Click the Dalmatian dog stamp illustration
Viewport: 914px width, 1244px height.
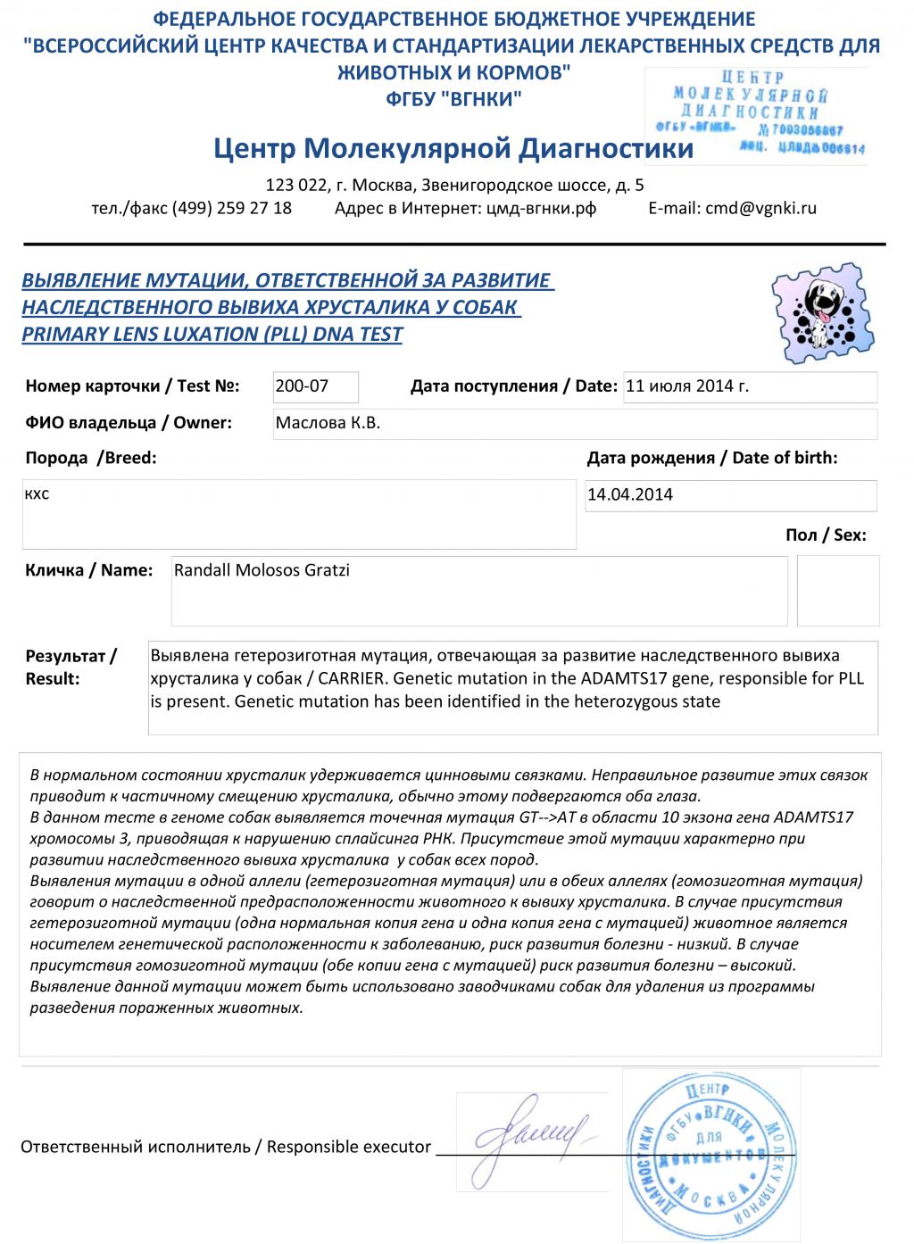pos(823,313)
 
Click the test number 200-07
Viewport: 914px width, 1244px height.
pos(303,386)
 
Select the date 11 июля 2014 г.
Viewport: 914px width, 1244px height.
pos(687,386)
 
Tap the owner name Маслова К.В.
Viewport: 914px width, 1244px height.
pos(328,423)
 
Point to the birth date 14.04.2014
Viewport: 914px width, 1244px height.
pos(630,494)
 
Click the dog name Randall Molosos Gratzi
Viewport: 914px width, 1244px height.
pos(262,570)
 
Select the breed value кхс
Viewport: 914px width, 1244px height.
pos(37,493)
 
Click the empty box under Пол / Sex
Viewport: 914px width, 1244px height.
pos(837,590)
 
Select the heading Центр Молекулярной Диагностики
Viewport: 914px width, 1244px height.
pos(453,147)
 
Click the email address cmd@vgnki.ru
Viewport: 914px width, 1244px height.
pos(760,208)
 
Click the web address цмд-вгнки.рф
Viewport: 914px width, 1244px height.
pos(541,208)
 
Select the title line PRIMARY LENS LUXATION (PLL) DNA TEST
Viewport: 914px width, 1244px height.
pos(212,335)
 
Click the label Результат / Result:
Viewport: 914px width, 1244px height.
pos(71,668)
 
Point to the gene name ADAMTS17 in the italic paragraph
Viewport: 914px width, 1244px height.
pos(813,817)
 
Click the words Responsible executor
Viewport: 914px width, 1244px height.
pos(349,1147)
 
